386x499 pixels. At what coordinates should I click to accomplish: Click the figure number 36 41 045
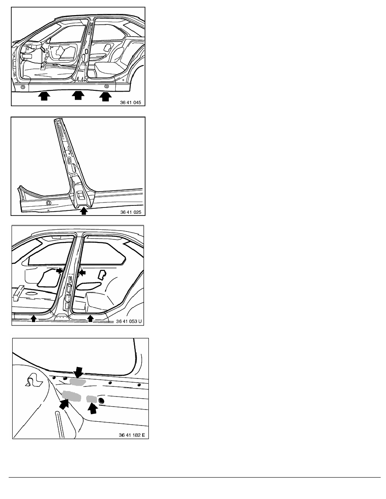click(130, 102)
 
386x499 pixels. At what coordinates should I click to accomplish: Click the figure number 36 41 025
click(131, 212)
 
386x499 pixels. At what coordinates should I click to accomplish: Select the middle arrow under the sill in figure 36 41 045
click(78, 95)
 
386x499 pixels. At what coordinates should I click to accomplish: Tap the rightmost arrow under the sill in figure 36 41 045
click(106, 96)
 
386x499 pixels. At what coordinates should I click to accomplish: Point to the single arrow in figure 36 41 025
click(83, 211)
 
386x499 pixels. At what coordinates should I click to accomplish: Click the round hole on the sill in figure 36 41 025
click(48, 203)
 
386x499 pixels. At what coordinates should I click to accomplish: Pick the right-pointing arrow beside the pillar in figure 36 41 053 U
click(59, 270)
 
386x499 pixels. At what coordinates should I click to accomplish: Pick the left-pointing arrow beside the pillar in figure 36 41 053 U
click(82, 273)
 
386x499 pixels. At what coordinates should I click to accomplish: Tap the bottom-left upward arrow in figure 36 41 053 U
click(34, 318)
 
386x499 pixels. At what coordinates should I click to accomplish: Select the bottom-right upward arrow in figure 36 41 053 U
click(91, 318)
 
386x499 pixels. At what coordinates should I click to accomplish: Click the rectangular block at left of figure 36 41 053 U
click(19, 293)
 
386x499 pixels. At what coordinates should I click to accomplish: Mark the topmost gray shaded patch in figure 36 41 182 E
click(77, 382)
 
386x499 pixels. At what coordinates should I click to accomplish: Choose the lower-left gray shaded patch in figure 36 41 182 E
click(71, 395)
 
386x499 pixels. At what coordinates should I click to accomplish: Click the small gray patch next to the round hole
click(92, 399)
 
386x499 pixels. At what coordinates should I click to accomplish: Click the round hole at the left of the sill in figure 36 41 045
click(22, 87)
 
